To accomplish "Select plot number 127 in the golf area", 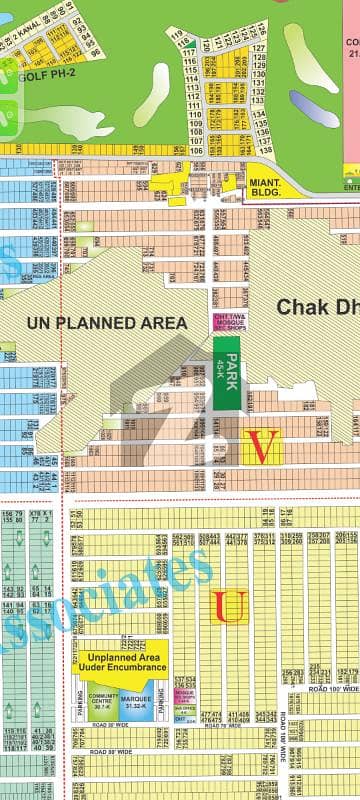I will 231,47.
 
